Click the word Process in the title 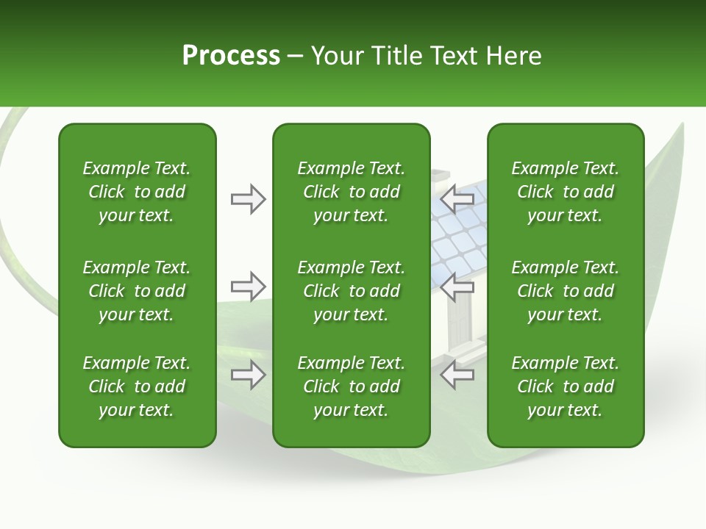click(x=231, y=56)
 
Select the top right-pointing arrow click(x=248, y=199)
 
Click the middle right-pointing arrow click(x=248, y=286)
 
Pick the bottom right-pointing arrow click(x=248, y=375)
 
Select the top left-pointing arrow click(x=457, y=199)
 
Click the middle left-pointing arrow click(x=457, y=286)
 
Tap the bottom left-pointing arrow click(x=457, y=375)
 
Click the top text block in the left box click(x=137, y=192)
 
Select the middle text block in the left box click(x=137, y=291)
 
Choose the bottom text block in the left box click(x=137, y=386)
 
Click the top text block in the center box click(x=351, y=192)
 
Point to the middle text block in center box click(x=351, y=291)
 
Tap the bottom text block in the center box click(x=351, y=386)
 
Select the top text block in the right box click(x=565, y=192)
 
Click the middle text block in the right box click(x=565, y=291)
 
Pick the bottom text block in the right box click(x=565, y=386)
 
